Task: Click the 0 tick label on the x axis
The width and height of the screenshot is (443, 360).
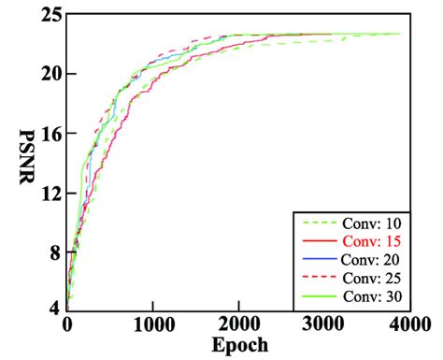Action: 66,324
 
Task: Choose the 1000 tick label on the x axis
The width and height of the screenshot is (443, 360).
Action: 152,324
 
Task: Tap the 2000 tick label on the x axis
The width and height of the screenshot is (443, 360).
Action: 238,324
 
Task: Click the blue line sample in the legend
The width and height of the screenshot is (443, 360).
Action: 314,258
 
